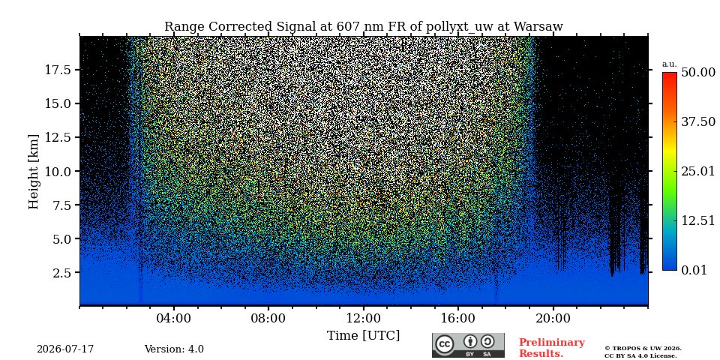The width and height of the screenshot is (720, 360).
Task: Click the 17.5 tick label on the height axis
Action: [58, 70]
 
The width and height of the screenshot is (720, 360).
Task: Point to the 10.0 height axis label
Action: [58, 171]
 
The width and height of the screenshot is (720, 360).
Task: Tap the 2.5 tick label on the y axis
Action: [62, 273]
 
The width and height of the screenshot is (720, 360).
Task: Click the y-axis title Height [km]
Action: [34, 171]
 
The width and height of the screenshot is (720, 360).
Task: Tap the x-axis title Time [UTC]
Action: [363, 336]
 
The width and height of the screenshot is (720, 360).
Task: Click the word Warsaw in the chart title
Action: [538, 27]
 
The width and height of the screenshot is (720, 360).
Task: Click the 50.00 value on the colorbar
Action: [698, 72]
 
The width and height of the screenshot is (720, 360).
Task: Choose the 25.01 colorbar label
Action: [698, 172]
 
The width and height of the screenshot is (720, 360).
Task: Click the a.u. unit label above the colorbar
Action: [669, 64]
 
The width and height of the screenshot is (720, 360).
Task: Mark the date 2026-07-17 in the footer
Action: [65, 349]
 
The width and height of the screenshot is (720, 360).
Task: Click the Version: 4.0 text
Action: [174, 349]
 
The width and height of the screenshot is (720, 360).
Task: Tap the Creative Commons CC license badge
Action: [468, 345]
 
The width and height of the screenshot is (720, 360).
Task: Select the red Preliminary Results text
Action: [552, 348]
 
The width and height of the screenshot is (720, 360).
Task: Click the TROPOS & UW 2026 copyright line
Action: [643, 349]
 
